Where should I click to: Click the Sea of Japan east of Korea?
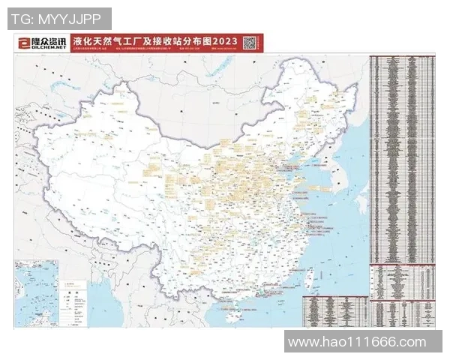358,150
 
